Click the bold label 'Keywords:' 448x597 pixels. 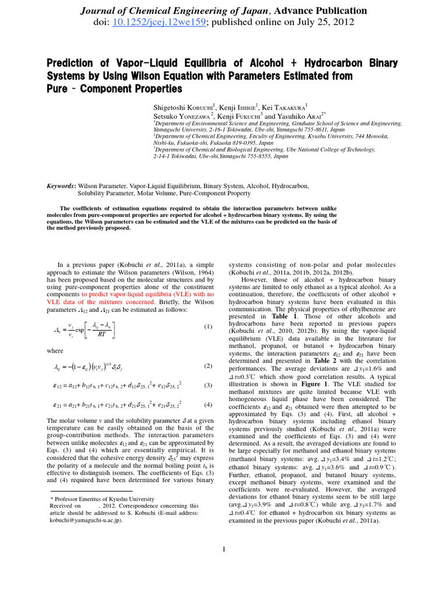tap(61, 186)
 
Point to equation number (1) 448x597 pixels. tap(208, 326)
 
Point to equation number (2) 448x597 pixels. tap(208, 366)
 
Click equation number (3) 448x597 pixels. tap(208, 385)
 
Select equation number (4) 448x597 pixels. tap(208, 405)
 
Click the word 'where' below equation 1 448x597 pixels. tap(55, 351)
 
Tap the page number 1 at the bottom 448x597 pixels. tap(224, 549)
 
